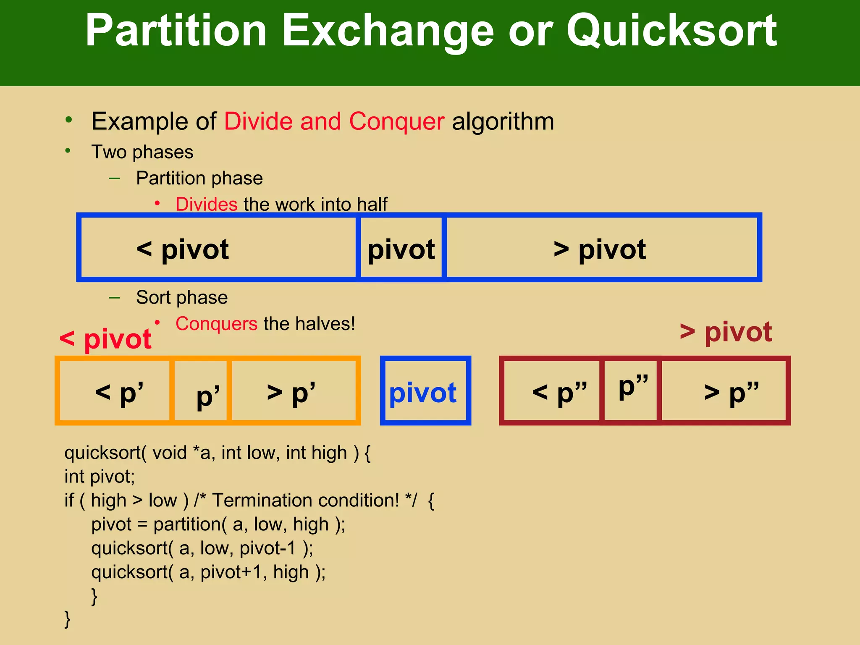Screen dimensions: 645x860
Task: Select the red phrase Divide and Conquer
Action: [334, 121]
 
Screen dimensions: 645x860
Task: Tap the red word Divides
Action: [206, 205]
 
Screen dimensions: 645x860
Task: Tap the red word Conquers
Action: [216, 324]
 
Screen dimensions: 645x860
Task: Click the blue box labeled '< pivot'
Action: [218, 248]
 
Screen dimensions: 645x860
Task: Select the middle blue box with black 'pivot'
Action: [401, 248]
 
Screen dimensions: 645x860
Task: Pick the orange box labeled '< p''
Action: [115, 391]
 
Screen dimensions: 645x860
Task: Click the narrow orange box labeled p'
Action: [201, 391]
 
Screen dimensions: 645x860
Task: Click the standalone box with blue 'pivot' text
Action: [425, 391]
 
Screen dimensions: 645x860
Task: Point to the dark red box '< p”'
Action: [552, 391]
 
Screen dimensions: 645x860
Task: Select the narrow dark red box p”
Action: [631, 391]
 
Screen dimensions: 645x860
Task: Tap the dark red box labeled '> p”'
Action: [723, 391]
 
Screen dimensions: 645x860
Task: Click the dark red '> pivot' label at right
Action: [726, 332]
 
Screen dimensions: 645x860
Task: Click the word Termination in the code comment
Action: [268, 501]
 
